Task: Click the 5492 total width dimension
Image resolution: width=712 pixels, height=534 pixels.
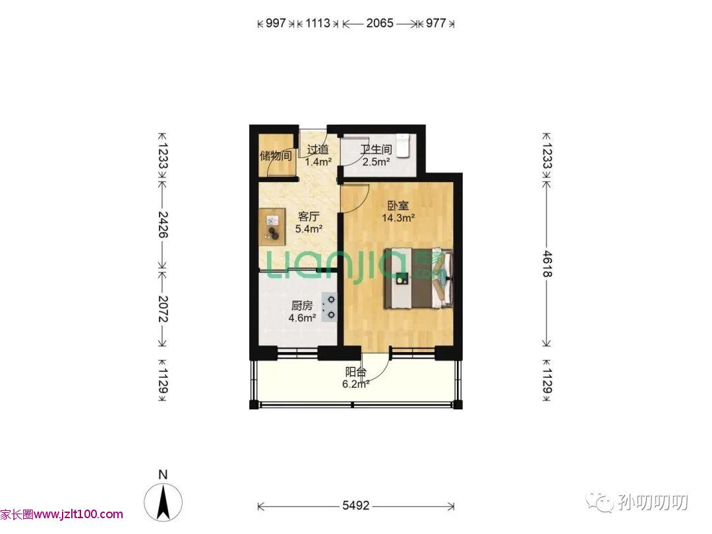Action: (x=355, y=506)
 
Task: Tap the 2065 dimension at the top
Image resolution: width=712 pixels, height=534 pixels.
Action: (x=380, y=23)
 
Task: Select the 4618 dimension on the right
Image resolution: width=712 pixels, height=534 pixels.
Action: (x=547, y=264)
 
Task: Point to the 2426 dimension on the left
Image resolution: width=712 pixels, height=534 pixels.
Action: (x=163, y=224)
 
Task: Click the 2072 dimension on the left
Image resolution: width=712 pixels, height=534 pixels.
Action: (x=163, y=309)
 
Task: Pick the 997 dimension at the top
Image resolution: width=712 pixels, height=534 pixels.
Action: (x=276, y=23)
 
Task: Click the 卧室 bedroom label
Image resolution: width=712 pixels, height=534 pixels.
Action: (x=398, y=205)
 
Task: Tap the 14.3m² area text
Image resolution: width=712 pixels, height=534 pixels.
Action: (x=398, y=218)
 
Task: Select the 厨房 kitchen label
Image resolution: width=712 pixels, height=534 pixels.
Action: (x=302, y=306)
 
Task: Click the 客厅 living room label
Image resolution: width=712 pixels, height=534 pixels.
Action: (x=309, y=216)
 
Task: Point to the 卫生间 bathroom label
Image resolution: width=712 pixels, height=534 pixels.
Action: (x=376, y=150)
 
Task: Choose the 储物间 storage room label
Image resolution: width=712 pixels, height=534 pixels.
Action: (x=276, y=156)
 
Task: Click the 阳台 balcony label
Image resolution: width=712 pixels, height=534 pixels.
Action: (x=355, y=372)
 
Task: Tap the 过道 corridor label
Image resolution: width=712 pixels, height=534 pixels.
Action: (x=318, y=150)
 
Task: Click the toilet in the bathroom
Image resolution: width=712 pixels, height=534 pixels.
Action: (x=403, y=146)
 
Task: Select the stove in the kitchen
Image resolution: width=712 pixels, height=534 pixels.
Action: (x=329, y=307)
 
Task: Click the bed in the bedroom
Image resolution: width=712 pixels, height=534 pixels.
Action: (x=419, y=278)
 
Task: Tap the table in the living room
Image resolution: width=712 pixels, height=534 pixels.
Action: (x=272, y=227)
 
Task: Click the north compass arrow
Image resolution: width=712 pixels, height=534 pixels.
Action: (x=163, y=502)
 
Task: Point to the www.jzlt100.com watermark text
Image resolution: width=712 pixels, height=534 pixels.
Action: (x=78, y=514)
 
